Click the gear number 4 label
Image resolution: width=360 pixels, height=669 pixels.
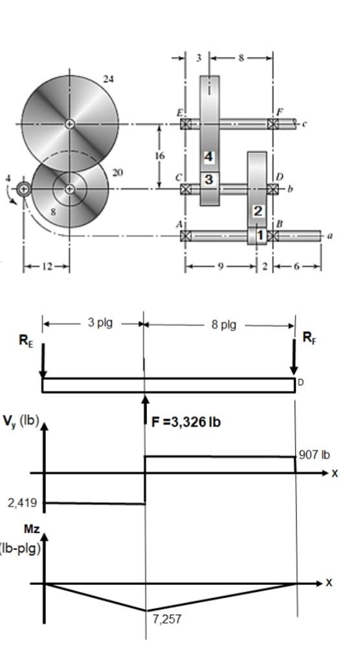208,157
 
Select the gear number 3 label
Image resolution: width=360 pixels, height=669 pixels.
208,180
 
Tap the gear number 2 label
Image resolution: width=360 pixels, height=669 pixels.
258,211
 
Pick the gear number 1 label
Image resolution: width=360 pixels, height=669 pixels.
260,235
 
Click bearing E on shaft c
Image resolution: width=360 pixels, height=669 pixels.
186,124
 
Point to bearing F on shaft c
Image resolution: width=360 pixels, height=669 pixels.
273,124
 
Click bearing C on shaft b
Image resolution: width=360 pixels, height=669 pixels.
186,189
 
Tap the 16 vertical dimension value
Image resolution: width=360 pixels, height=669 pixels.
160,156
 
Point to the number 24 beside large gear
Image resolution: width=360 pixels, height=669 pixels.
108,78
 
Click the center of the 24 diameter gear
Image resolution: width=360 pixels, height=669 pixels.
70,124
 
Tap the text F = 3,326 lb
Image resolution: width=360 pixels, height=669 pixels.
186,422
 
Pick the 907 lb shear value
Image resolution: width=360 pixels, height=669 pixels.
315,455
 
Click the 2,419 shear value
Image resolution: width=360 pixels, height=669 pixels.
22,503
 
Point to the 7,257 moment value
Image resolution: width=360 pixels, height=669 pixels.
167,619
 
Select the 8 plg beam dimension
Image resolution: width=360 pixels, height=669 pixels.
224,324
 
